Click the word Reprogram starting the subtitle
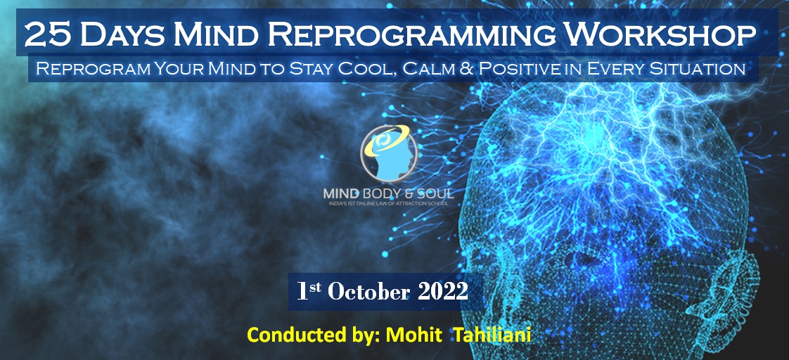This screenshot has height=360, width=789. click(x=91, y=69)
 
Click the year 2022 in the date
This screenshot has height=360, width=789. click(x=443, y=292)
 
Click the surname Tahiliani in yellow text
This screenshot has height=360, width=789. click(x=493, y=335)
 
